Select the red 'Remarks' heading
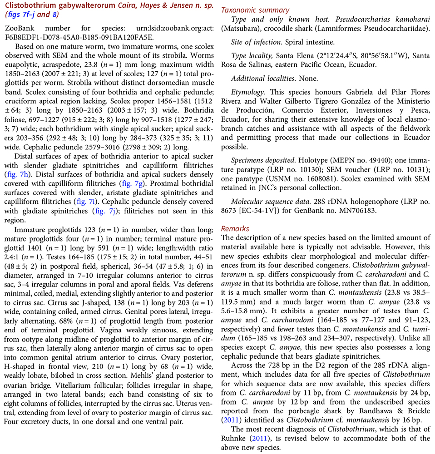point(235,229)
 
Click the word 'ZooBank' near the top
point(18,28)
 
